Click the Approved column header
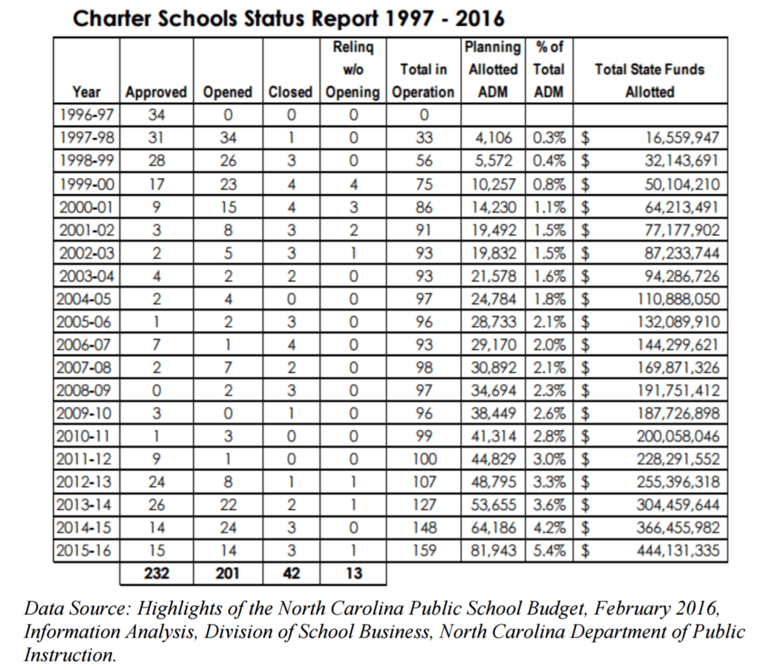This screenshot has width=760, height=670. coord(156,93)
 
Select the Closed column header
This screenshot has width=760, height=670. coord(290,93)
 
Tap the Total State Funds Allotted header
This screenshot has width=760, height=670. coord(649,81)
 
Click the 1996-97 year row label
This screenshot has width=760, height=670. coord(86,115)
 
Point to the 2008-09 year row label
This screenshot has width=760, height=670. coord(86,391)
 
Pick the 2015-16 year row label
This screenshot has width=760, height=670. coord(86,552)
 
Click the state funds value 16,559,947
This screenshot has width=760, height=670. coord(677,138)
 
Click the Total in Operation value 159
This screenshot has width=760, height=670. coord(423,552)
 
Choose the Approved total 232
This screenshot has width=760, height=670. coord(156,573)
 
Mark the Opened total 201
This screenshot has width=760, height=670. coord(228,573)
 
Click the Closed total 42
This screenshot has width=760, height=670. coord(290,573)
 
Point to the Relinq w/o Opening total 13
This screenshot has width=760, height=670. coord(353,573)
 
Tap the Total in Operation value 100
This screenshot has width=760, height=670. coord(423,460)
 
